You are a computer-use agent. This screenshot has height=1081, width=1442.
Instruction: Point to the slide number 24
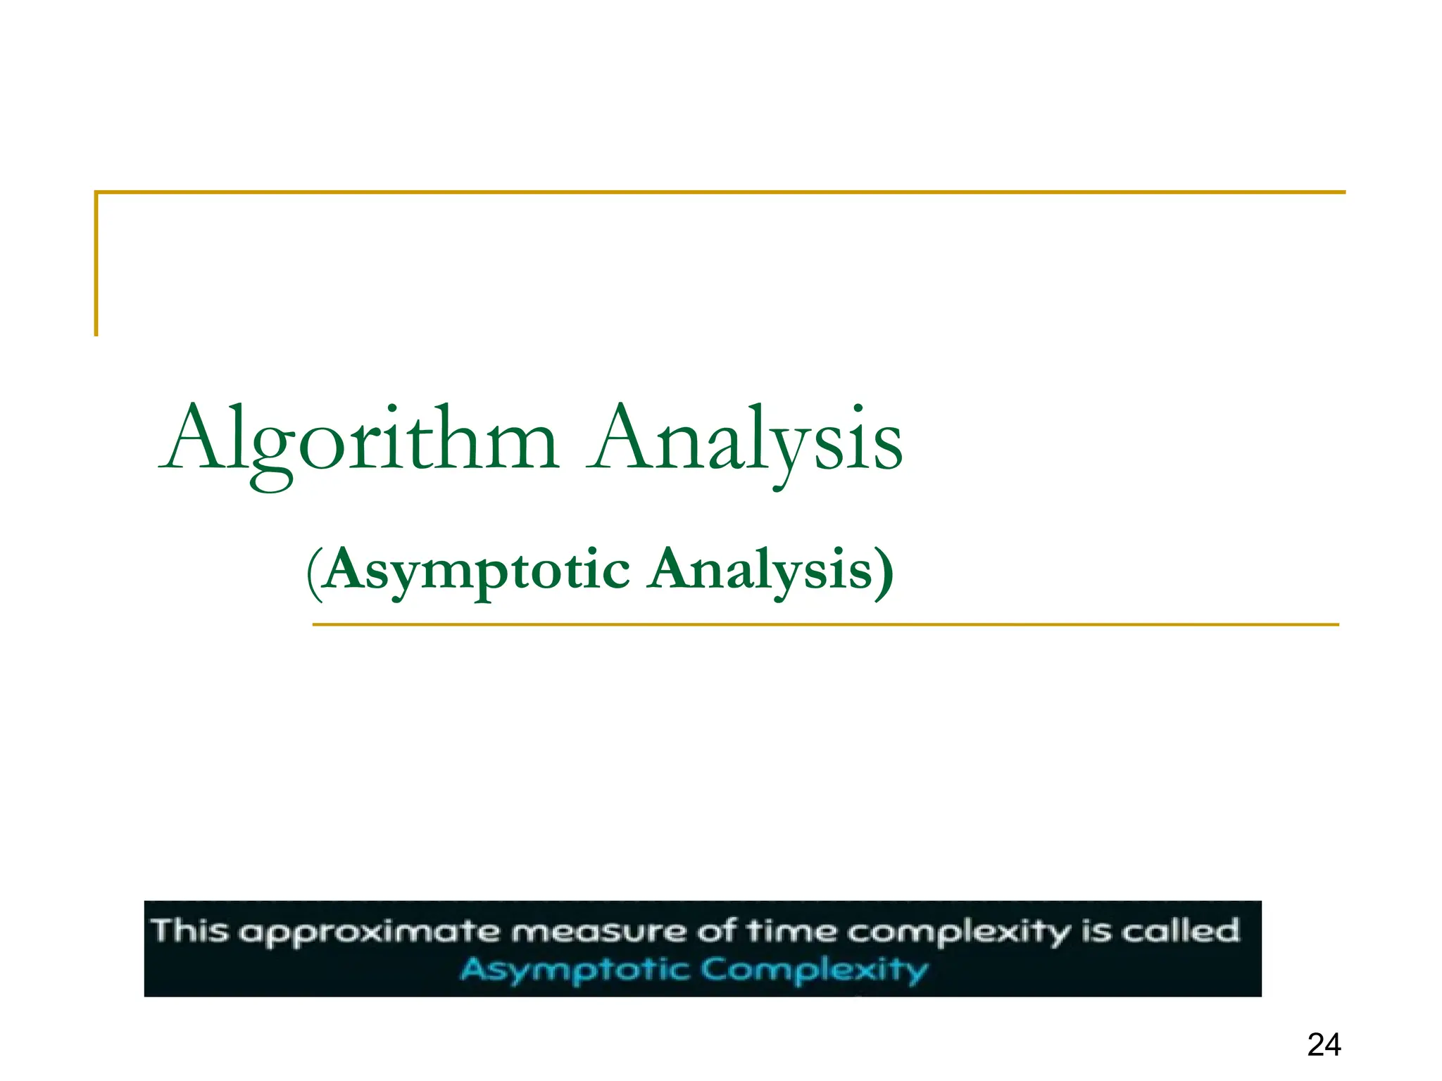[x=1324, y=1044]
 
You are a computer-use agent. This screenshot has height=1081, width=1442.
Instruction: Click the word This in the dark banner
[x=190, y=930]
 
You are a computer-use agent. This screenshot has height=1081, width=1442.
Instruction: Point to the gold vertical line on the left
[x=96, y=264]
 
